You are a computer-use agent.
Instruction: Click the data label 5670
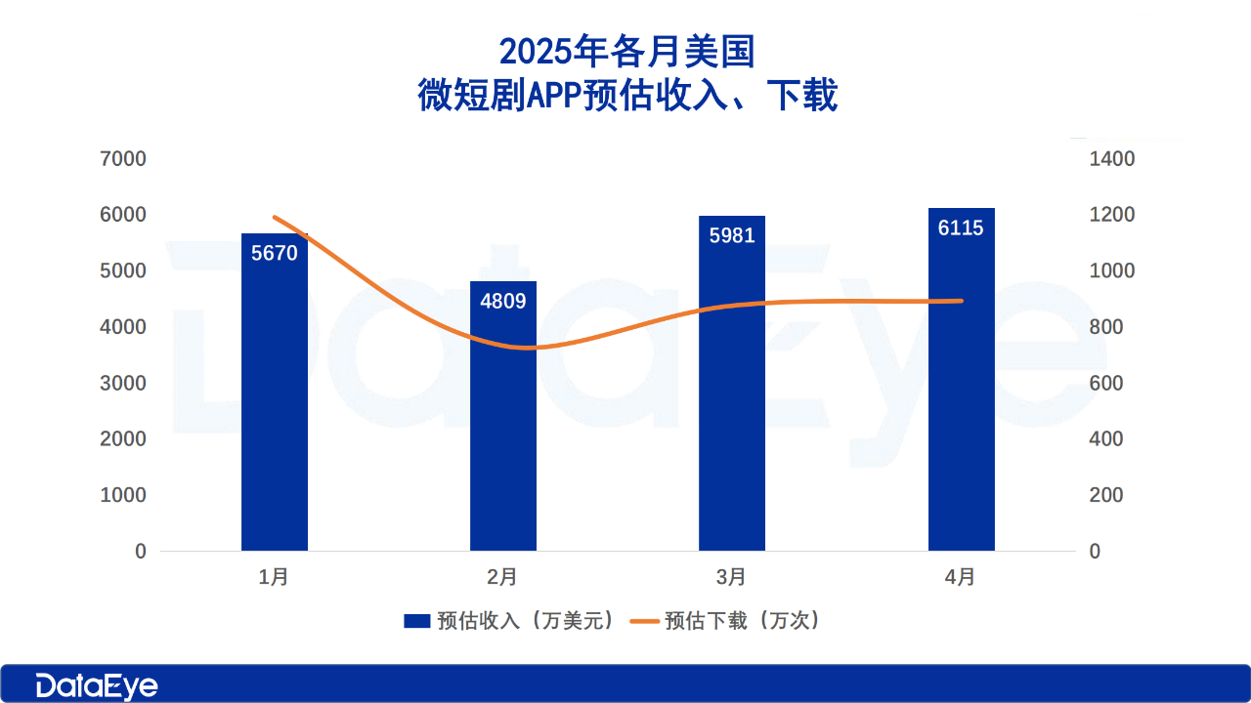click(275, 252)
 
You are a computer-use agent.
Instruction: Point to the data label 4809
click(503, 301)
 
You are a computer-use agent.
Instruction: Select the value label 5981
click(732, 235)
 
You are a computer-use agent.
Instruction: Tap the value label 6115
click(961, 228)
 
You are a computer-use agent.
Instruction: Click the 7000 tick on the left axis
click(124, 159)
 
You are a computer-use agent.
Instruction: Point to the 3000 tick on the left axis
click(124, 383)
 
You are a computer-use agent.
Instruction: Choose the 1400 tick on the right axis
click(1112, 159)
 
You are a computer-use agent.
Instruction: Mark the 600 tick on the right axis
click(1106, 383)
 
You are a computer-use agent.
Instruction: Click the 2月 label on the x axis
click(502, 577)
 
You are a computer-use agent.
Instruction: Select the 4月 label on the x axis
click(961, 577)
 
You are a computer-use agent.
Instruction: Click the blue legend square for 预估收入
click(417, 621)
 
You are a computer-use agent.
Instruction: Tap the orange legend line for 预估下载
click(644, 621)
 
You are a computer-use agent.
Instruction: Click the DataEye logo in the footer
click(97, 685)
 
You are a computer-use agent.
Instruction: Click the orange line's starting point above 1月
click(276, 217)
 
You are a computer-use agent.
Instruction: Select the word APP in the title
click(556, 96)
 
